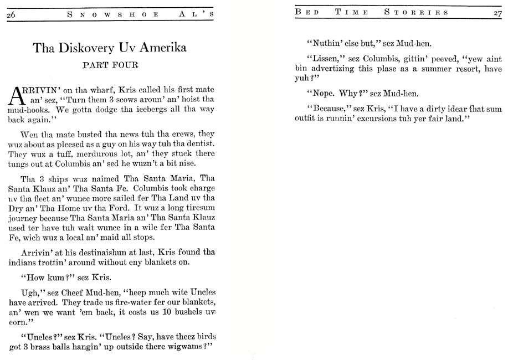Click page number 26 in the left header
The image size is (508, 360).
click(x=11, y=14)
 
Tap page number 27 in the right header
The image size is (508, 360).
click(x=497, y=13)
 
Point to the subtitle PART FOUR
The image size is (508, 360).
click(x=110, y=65)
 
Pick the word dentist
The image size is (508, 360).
click(x=197, y=145)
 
